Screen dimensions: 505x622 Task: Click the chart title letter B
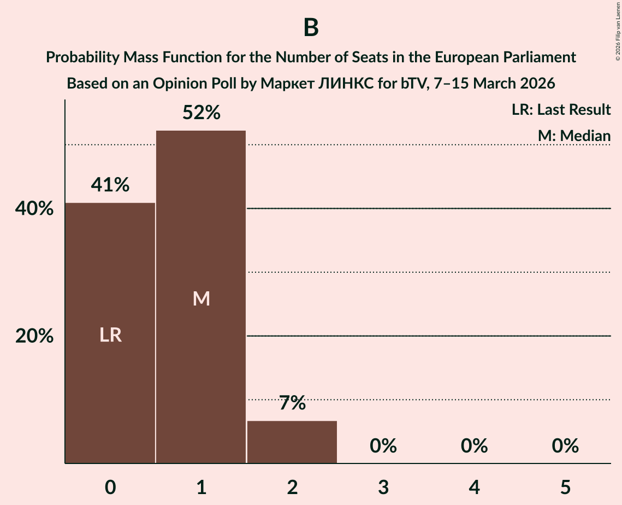(x=311, y=28)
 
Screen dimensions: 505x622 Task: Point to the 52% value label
(x=201, y=113)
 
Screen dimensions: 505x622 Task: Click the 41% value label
(x=110, y=185)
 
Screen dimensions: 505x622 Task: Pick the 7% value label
(x=292, y=404)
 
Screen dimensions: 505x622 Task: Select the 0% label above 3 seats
(x=383, y=447)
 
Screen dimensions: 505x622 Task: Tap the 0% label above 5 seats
(x=565, y=447)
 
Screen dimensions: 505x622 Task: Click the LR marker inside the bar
(x=110, y=335)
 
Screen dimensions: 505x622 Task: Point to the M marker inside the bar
(x=201, y=298)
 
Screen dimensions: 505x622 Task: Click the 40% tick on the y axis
(x=34, y=209)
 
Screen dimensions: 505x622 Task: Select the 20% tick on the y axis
(x=34, y=337)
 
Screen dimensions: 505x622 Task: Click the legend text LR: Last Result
(x=561, y=110)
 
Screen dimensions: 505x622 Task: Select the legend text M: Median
(x=573, y=136)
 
